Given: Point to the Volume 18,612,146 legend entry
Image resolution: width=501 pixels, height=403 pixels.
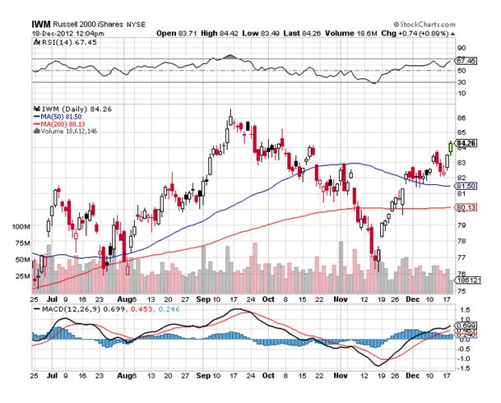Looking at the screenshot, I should tap(66, 131).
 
